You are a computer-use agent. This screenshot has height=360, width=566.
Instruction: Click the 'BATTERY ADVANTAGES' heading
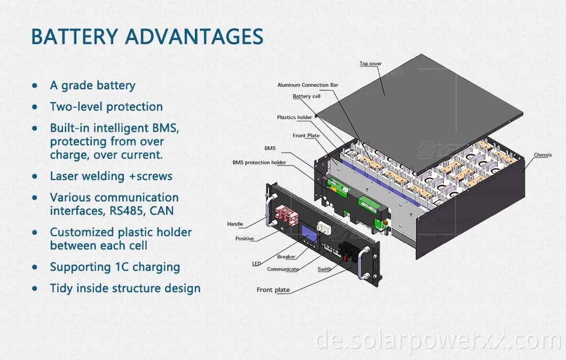147,36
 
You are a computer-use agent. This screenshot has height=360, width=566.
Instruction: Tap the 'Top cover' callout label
371,64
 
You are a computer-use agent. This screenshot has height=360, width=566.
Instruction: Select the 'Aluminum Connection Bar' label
308,85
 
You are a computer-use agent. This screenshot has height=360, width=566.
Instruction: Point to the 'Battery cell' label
306,97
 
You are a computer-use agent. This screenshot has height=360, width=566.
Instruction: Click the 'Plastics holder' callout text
294,118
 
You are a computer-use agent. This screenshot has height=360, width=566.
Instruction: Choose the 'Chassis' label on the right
543,155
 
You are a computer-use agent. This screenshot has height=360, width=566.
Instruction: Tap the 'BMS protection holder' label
259,162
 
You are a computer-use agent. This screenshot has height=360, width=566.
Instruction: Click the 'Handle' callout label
235,224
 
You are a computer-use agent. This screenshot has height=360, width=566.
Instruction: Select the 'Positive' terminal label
245,239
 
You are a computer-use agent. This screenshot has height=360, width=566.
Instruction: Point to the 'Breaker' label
286,257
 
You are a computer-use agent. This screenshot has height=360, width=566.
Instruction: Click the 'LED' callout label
256,264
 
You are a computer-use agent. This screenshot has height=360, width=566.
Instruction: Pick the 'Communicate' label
282,269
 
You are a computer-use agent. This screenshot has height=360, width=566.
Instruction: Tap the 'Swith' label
324,269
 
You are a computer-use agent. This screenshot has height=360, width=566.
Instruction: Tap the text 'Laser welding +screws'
111,176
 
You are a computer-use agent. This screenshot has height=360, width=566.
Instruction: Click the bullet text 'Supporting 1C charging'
115,267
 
